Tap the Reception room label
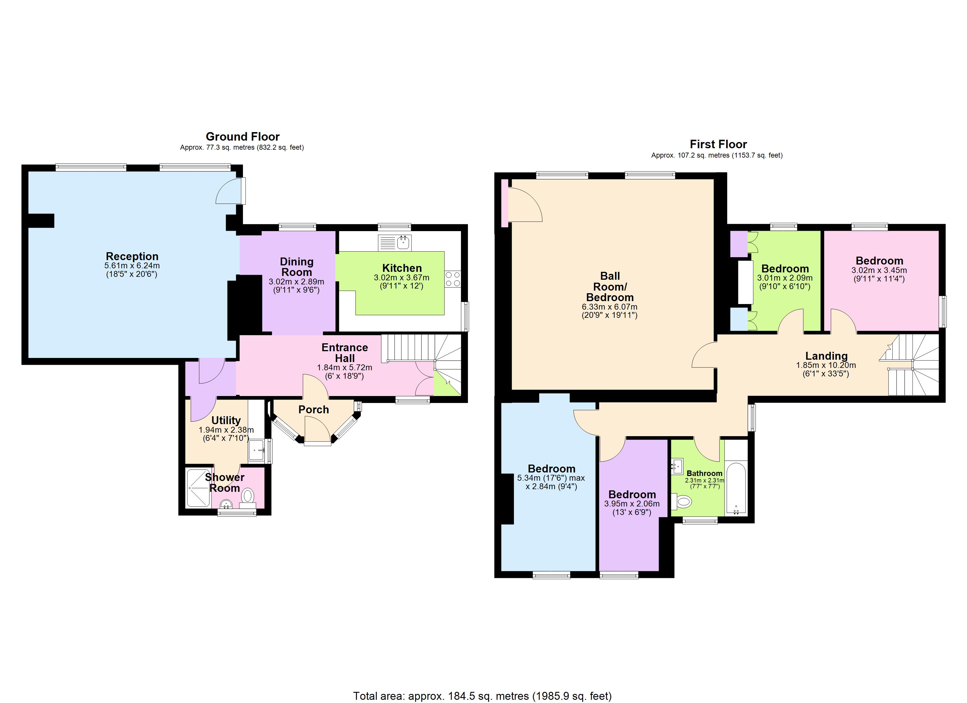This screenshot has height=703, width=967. coord(132,256)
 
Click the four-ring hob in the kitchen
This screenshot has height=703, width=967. coord(453,279)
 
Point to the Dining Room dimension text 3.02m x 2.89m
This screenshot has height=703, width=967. coord(296,282)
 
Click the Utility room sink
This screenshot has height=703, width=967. coord(257,450)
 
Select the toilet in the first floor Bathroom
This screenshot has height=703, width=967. coord(682,501)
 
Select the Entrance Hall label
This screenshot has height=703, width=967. coord(345,353)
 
